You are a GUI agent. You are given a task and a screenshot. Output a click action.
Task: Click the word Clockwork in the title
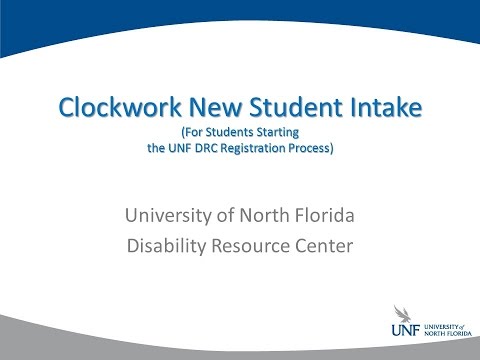tap(114, 106)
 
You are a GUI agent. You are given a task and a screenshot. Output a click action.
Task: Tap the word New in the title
tap(209, 106)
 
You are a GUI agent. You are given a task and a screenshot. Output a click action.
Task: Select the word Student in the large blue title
tap(285, 106)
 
